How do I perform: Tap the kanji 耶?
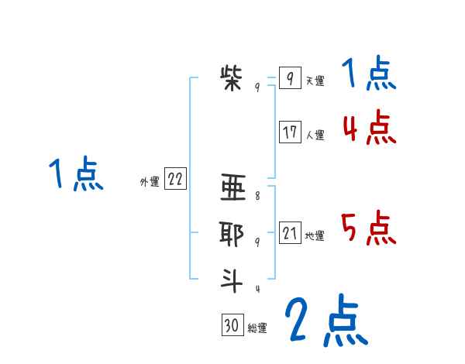pyautogui.click(x=232, y=233)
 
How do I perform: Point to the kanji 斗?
pyautogui.click(x=232, y=280)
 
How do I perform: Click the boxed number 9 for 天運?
pyautogui.click(x=289, y=78)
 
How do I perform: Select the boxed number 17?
pyautogui.click(x=290, y=132)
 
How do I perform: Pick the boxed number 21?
pyautogui.click(x=290, y=233)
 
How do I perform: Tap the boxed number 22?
pyautogui.click(x=175, y=180)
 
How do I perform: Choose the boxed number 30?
pyautogui.click(x=232, y=325)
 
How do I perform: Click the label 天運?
pyautogui.click(x=315, y=81)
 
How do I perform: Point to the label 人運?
pyautogui.click(x=315, y=135)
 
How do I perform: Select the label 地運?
pyautogui.click(x=315, y=235)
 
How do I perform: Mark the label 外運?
pyautogui.click(x=150, y=182)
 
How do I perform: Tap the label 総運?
pyautogui.click(x=257, y=328)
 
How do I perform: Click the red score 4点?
pyautogui.click(x=369, y=129)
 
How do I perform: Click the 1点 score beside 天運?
pyautogui.click(x=369, y=74)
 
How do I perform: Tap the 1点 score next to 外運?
pyautogui.click(x=75, y=174)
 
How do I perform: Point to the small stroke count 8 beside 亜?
pyautogui.click(x=257, y=196)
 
